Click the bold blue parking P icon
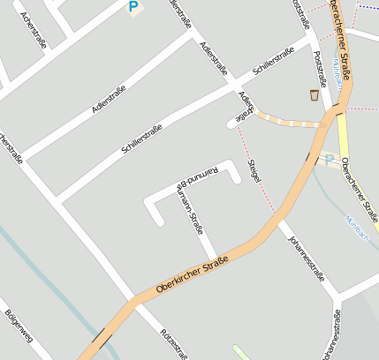tap(133, 7)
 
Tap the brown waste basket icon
tap(314, 94)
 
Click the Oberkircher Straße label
tap(193, 274)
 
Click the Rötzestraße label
tap(174, 344)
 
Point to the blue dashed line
tap(368, 8)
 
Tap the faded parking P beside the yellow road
tap(330, 160)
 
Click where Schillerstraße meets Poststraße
tap(312, 41)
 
